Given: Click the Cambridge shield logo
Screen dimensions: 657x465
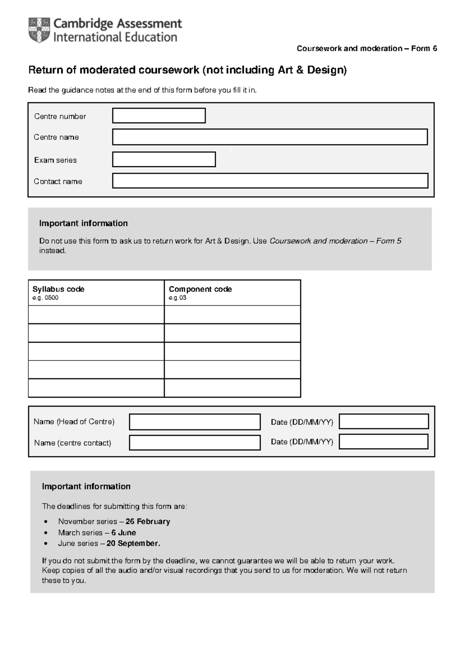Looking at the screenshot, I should click(39, 30).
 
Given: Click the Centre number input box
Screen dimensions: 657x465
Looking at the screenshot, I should click(159, 116).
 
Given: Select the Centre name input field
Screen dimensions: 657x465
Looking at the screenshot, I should click(270, 137).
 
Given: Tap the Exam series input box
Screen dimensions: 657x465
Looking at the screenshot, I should click(164, 159).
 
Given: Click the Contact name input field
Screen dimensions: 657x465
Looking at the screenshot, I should click(270, 181).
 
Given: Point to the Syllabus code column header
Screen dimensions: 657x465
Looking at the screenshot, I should click(59, 289).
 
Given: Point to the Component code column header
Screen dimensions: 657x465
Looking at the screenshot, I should click(200, 289).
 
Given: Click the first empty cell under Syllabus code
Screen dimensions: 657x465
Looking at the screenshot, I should click(96, 314).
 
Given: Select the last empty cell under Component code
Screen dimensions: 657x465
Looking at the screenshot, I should click(232, 388).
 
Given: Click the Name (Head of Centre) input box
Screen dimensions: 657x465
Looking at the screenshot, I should click(195, 422).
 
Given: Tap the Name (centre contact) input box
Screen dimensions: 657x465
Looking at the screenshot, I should click(195, 443).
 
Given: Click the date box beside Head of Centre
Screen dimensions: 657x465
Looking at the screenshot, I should click(384, 421).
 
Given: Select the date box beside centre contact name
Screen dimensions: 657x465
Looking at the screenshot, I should click(384, 441).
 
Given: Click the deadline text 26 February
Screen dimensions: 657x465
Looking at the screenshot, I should click(148, 521).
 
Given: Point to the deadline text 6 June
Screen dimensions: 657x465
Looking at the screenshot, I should click(124, 533).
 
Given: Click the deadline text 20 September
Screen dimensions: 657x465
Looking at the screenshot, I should click(133, 543).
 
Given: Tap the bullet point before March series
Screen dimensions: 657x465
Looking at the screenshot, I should click(46, 533).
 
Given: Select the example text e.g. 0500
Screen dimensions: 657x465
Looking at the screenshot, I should click(45, 298).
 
